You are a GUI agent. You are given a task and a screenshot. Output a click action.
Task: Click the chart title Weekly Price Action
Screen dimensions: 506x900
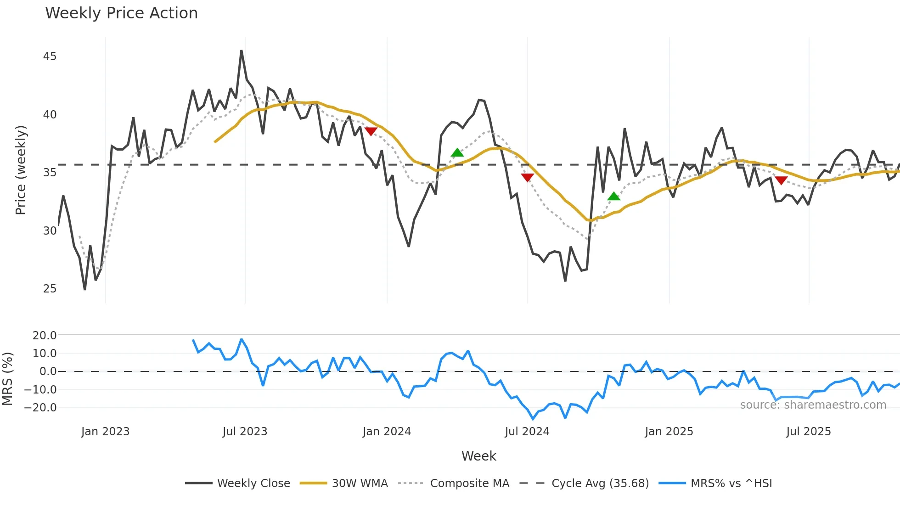[121, 13]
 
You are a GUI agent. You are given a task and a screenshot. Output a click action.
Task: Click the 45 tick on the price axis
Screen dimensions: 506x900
[50, 56]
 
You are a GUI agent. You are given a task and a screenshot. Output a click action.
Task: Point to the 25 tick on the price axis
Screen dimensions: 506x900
[50, 289]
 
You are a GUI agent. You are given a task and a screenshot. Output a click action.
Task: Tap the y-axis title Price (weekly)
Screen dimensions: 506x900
[21, 170]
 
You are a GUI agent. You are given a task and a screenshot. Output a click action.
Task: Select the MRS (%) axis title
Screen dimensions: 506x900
[7, 379]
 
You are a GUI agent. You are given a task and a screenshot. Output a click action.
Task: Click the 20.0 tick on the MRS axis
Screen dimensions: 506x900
[45, 336]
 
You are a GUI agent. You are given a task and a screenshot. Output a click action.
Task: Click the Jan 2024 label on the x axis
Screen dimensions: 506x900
[387, 432]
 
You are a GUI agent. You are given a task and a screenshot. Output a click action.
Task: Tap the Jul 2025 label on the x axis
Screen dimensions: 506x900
[809, 432]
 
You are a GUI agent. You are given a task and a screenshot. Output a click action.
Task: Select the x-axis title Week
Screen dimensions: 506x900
[478, 456]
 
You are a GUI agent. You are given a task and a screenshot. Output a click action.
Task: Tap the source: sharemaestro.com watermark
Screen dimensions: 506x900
[813, 405]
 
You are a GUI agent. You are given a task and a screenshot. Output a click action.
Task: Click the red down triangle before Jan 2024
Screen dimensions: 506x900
[371, 131]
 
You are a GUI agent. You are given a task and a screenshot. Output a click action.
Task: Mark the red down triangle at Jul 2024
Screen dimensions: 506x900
[528, 177]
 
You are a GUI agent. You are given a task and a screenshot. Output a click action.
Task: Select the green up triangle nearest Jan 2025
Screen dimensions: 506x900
[614, 197]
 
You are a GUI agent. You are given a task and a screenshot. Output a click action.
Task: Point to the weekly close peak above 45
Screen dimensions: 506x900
[242, 51]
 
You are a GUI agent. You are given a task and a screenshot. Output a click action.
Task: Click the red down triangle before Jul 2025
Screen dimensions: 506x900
[781, 180]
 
